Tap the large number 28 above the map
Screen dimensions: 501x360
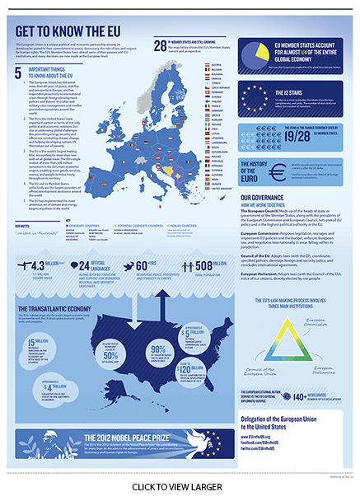tap(159, 45)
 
